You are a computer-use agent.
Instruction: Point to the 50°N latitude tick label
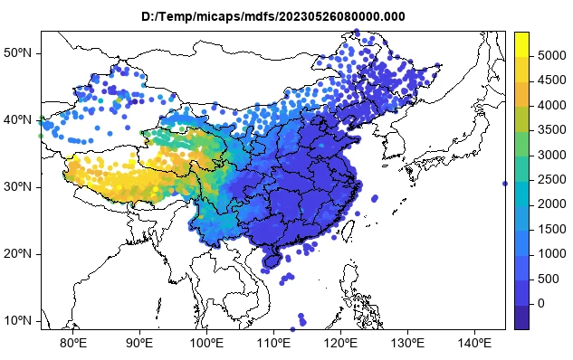(x=18, y=53)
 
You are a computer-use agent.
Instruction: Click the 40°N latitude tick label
(x=18, y=120)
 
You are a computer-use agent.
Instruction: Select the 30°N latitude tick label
(x=18, y=187)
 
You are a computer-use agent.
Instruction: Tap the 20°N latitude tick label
(x=18, y=254)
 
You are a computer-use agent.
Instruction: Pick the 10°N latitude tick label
(x=18, y=321)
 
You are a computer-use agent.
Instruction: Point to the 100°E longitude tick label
(x=207, y=343)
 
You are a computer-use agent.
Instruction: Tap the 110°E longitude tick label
(x=274, y=343)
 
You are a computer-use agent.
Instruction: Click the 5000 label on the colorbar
(x=548, y=55)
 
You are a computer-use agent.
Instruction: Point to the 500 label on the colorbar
(x=544, y=278)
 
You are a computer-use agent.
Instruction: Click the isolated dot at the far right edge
(x=505, y=184)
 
